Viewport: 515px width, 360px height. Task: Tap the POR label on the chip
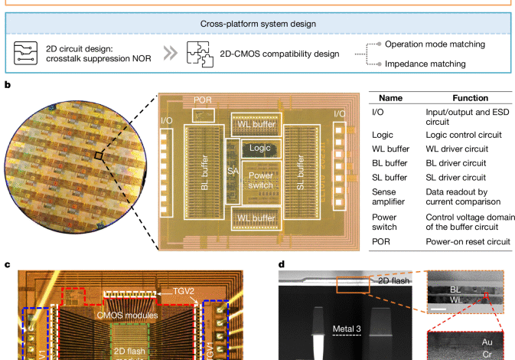point(203,100)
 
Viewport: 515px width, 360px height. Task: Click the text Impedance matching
point(433,63)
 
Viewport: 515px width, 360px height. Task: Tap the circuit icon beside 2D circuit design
point(25,53)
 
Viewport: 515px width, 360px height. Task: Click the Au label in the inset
point(485,342)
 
